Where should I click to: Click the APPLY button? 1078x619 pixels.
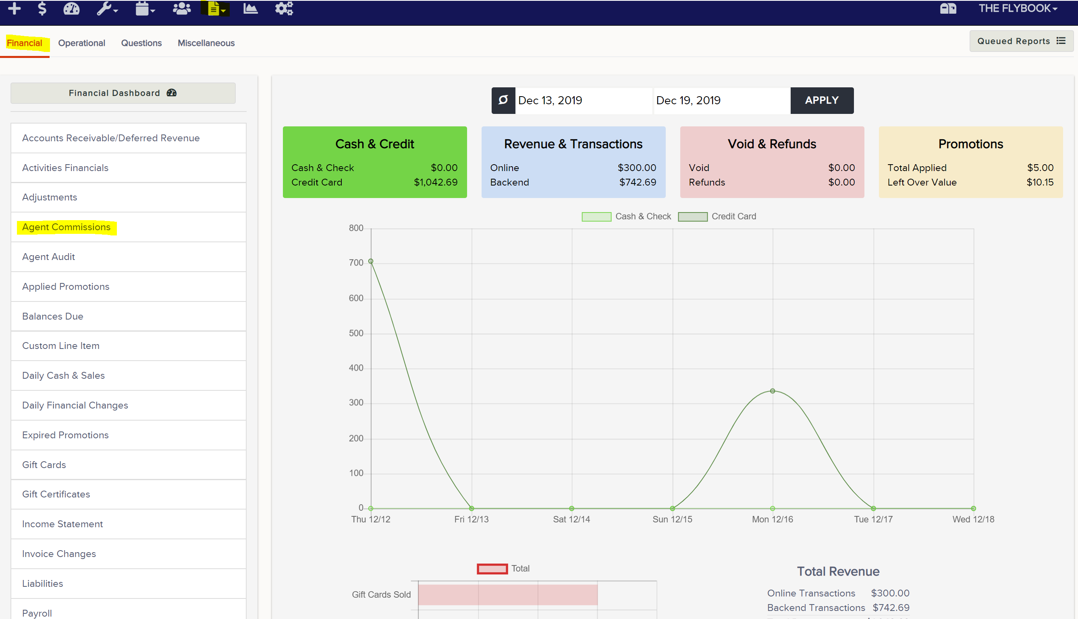(821, 100)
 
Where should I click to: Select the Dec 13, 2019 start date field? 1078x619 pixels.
(583, 100)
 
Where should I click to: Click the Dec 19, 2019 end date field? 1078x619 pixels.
(722, 100)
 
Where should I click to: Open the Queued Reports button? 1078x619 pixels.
(1021, 41)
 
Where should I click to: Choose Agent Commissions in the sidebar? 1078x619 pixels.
(66, 227)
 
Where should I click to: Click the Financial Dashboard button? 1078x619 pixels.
(123, 93)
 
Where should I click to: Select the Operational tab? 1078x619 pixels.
(82, 43)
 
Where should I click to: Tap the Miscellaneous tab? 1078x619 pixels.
(206, 43)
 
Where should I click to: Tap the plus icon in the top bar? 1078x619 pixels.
(15, 8)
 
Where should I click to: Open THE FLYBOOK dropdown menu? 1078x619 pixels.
(1018, 8)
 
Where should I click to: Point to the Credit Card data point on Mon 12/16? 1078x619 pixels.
(773, 391)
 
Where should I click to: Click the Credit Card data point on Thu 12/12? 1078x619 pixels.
(371, 262)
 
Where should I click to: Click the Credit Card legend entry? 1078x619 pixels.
(717, 217)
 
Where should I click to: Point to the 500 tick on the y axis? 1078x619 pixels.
(356, 333)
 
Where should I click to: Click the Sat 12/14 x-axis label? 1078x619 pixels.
(571, 519)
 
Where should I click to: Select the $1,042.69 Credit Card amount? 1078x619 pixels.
(436, 182)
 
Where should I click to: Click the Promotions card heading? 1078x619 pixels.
(971, 144)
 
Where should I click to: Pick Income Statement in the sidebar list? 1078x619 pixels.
(62, 524)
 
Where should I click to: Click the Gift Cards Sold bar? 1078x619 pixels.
(508, 595)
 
